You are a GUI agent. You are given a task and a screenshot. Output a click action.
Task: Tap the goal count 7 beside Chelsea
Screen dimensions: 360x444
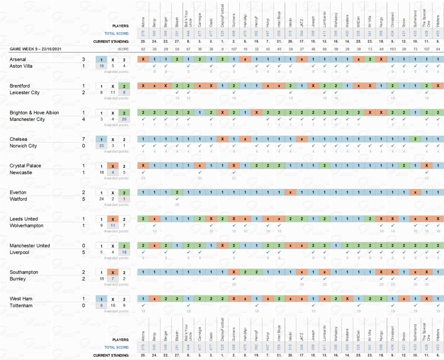[84, 139]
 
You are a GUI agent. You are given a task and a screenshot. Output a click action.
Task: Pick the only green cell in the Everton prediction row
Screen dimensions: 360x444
[177, 192]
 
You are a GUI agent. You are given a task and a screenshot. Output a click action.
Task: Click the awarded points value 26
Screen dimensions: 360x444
[177, 204]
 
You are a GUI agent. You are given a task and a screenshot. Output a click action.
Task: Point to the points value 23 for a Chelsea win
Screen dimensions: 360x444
[101, 146]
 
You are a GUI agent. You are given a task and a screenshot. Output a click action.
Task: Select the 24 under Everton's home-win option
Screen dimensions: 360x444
[101, 199]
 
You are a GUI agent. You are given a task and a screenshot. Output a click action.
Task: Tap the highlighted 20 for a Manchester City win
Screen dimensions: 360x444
[124, 119]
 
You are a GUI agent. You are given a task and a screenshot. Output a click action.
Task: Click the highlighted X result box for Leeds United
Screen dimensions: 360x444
[112, 219]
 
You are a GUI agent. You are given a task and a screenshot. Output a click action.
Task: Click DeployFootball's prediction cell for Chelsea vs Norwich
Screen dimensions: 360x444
[222, 139]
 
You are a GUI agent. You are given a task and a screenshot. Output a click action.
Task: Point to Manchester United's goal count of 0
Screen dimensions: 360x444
[84, 245]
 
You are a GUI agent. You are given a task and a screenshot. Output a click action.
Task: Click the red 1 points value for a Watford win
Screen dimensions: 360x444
[124, 199]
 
